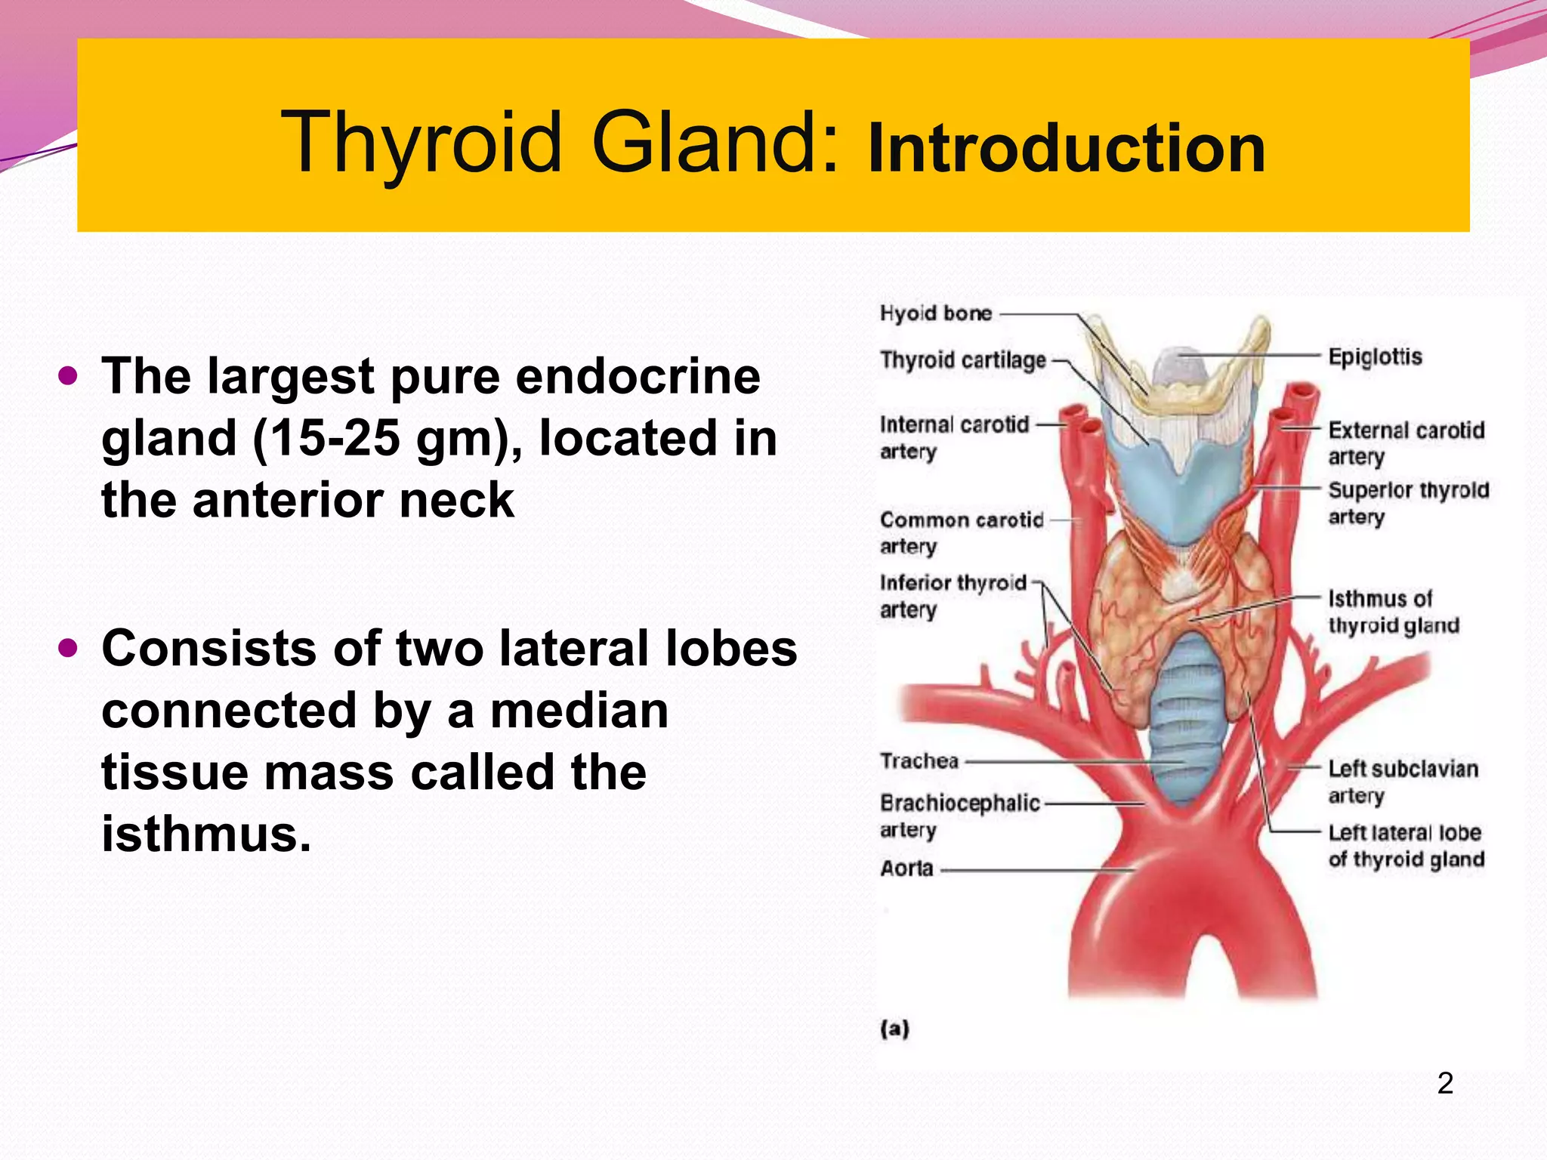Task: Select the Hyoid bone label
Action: pos(935,313)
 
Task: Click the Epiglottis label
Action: pos(1375,356)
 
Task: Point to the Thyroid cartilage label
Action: pos(963,360)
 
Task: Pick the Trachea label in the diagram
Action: pos(919,760)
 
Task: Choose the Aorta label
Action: pos(906,868)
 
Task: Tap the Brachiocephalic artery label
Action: pos(959,816)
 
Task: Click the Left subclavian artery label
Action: pos(1403,782)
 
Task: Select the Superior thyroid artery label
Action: pos(1408,503)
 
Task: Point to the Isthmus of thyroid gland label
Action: pos(1393,612)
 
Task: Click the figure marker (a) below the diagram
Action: pos(894,1029)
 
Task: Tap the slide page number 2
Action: pos(1445,1083)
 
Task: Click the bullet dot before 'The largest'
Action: pos(68,375)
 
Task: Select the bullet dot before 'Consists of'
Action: pos(68,647)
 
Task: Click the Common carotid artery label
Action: pos(961,532)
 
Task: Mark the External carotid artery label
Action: pos(1406,443)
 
